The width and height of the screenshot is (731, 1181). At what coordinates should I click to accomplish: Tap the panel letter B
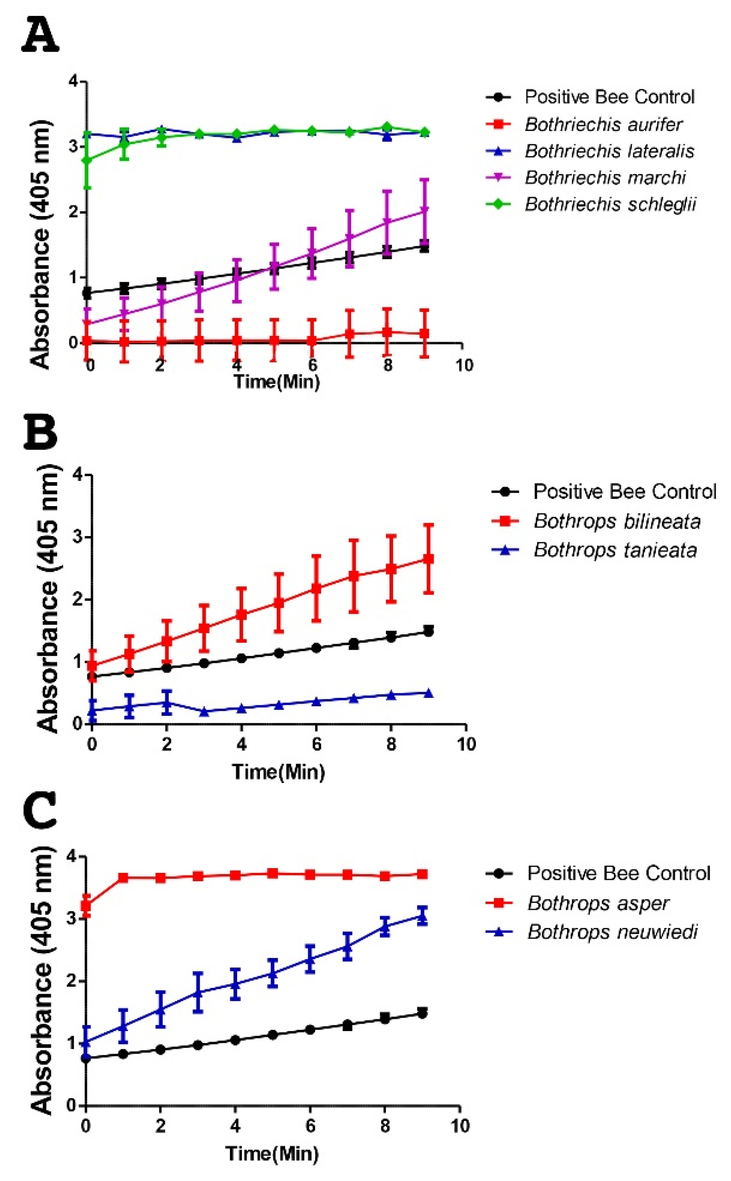tap(41, 432)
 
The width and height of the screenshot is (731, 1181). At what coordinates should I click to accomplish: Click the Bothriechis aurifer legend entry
tap(603, 124)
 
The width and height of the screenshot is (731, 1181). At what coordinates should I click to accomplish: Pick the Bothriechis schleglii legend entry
tap(610, 204)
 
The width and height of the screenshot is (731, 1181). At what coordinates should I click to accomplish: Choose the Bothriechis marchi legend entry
tap(605, 178)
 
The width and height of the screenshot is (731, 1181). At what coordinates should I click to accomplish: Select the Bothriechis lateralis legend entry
tap(609, 151)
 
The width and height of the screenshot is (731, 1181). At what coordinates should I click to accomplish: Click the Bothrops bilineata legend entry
tap(617, 521)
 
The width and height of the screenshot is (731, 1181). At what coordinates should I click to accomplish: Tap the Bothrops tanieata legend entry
tap(615, 550)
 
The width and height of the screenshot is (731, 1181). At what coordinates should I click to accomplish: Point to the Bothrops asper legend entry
tap(598, 903)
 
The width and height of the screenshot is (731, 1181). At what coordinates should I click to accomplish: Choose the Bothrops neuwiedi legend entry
tap(612, 932)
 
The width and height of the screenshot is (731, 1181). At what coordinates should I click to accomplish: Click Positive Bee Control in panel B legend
tap(624, 492)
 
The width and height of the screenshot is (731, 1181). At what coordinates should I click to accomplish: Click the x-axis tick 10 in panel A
tap(464, 365)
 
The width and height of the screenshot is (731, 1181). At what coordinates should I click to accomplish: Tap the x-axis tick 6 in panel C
tap(310, 1126)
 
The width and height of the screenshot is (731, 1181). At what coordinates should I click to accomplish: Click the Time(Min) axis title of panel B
tap(278, 771)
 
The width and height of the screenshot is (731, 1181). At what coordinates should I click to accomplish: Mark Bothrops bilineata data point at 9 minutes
tap(428, 559)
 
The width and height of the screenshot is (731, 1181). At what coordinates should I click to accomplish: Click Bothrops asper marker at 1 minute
tap(123, 878)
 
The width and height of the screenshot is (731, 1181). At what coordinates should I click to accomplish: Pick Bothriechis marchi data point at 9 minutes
tap(424, 210)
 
